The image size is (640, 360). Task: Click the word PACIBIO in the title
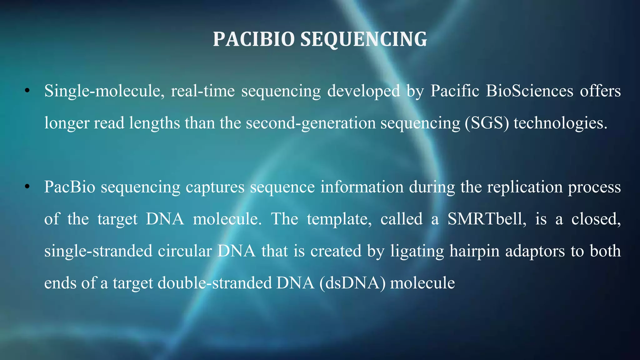tap(254, 39)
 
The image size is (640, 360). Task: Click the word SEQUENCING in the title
tap(363, 39)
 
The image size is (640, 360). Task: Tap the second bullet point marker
tap(27, 187)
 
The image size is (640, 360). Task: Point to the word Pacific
tap(455, 91)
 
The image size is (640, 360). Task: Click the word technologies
tap(560, 123)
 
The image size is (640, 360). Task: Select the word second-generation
tap(311, 123)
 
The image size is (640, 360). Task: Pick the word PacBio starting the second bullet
tap(69, 187)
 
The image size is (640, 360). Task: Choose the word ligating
tap(417, 251)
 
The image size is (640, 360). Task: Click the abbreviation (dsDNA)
tap(352, 283)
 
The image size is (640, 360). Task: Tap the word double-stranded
tap(215, 283)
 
